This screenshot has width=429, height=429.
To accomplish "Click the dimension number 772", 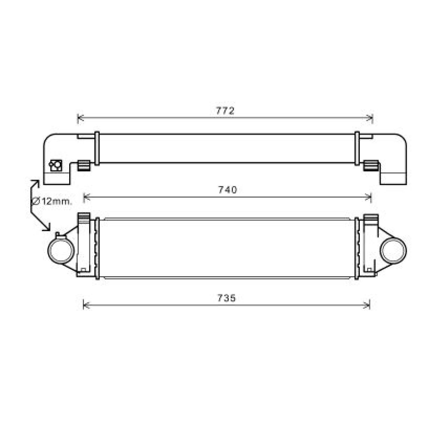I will pyautogui.click(x=225, y=111).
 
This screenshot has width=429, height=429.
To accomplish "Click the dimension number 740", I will pyautogui.click(x=227, y=190).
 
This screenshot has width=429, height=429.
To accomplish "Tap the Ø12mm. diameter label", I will pyautogui.click(x=52, y=201).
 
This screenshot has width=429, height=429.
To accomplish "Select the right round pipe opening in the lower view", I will pyautogui.click(x=393, y=250).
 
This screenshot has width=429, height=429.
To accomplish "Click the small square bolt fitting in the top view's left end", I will pyautogui.click(x=56, y=165).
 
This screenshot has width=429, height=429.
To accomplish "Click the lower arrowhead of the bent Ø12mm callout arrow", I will pyautogui.click(x=47, y=227).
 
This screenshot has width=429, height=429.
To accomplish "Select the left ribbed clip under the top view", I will pyautogui.click(x=84, y=165).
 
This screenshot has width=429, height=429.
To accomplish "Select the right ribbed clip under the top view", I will pyautogui.click(x=371, y=165).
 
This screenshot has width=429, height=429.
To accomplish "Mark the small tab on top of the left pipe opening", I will pyautogui.click(x=60, y=235).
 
